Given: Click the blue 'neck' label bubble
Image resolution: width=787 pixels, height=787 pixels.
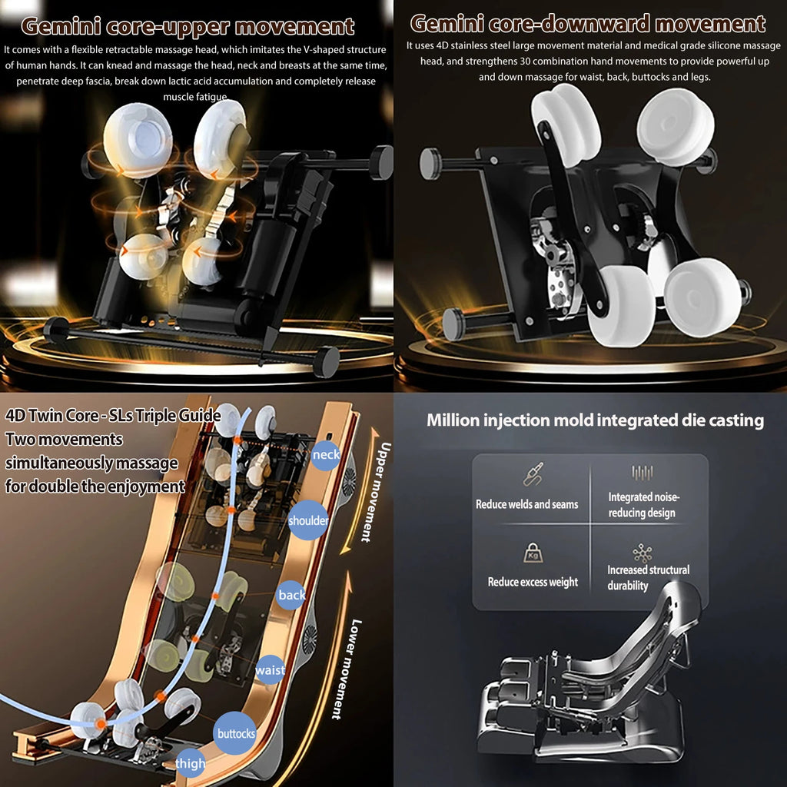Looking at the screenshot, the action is [x=326, y=455].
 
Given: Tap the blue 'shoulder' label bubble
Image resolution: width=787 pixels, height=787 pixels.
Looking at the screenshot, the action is [x=308, y=520].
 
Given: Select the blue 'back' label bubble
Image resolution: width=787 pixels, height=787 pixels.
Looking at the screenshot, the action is [x=291, y=595].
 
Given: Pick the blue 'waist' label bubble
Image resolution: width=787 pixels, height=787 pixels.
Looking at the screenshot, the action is [x=270, y=669].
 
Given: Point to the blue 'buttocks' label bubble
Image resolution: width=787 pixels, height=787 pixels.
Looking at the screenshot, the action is [x=235, y=733].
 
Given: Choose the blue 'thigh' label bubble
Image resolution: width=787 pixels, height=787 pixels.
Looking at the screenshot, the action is [x=191, y=763].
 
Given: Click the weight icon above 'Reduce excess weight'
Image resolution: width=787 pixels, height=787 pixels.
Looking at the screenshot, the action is [x=533, y=553].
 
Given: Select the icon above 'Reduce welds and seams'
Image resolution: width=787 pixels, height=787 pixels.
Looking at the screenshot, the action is [x=533, y=474].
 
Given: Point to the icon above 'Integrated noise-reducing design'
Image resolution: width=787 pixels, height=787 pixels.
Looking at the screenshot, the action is [x=643, y=473].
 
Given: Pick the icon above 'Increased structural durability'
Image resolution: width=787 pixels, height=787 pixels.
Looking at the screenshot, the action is [x=643, y=553].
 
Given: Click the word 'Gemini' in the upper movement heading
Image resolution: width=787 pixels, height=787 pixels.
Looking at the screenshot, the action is [x=61, y=26].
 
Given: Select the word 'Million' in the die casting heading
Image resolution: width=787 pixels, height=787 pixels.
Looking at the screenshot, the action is [x=453, y=420].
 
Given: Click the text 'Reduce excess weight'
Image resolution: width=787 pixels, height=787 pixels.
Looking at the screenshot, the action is [x=533, y=583].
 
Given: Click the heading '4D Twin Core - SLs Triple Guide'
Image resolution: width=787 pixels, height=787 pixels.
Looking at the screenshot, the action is [x=113, y=416].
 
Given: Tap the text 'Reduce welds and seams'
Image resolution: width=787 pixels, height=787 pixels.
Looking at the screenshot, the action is [x=527, y=504].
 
